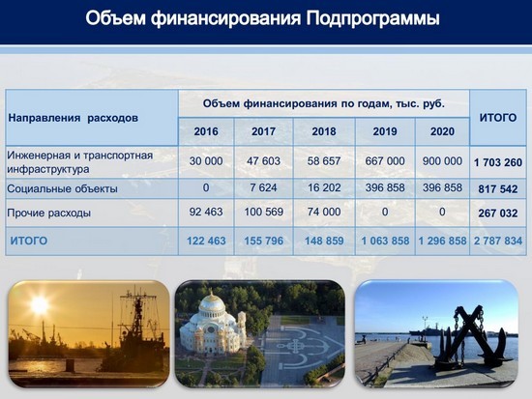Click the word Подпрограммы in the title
click(372, 18)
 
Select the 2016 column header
click(206, 131)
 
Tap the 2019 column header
click(385, 131)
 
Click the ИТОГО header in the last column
click(498, 118)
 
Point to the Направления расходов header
click(73, 118)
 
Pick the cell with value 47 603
click(264, 161)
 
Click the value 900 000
click(442, 161)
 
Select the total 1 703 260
click(498, 162)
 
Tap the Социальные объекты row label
click(62, 188)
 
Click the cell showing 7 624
click(263, 187)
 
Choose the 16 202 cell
click(324, 187)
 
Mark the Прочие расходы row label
click(49, 213)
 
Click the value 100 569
click(264, 212)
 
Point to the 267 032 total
click(498, 214)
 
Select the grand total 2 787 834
click(498, 241)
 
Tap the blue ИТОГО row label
click(29, 241)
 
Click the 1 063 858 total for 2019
click(385, 241)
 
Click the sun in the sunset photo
click(40, 305)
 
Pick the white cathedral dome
click(212, 306)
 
